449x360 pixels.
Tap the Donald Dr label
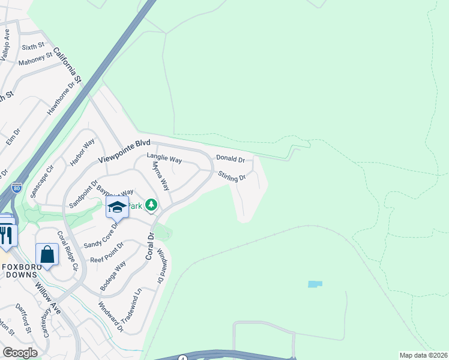click(x=231, y=160)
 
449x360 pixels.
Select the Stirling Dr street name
click(x=232, y=177)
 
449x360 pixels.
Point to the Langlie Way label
click(x=164, y=160)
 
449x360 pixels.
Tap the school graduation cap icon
click(x=118, y=208)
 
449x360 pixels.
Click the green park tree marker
click(x=151, y=206)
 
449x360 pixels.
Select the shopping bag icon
click(x=47, y=254)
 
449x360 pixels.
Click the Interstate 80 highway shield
click(x=17, y=188)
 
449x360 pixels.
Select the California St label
click(x=67, y=65)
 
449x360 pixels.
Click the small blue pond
click(x=315, y=284)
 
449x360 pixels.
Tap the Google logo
click(x=20, y=353)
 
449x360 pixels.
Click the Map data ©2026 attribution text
click(x=423, y=355)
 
